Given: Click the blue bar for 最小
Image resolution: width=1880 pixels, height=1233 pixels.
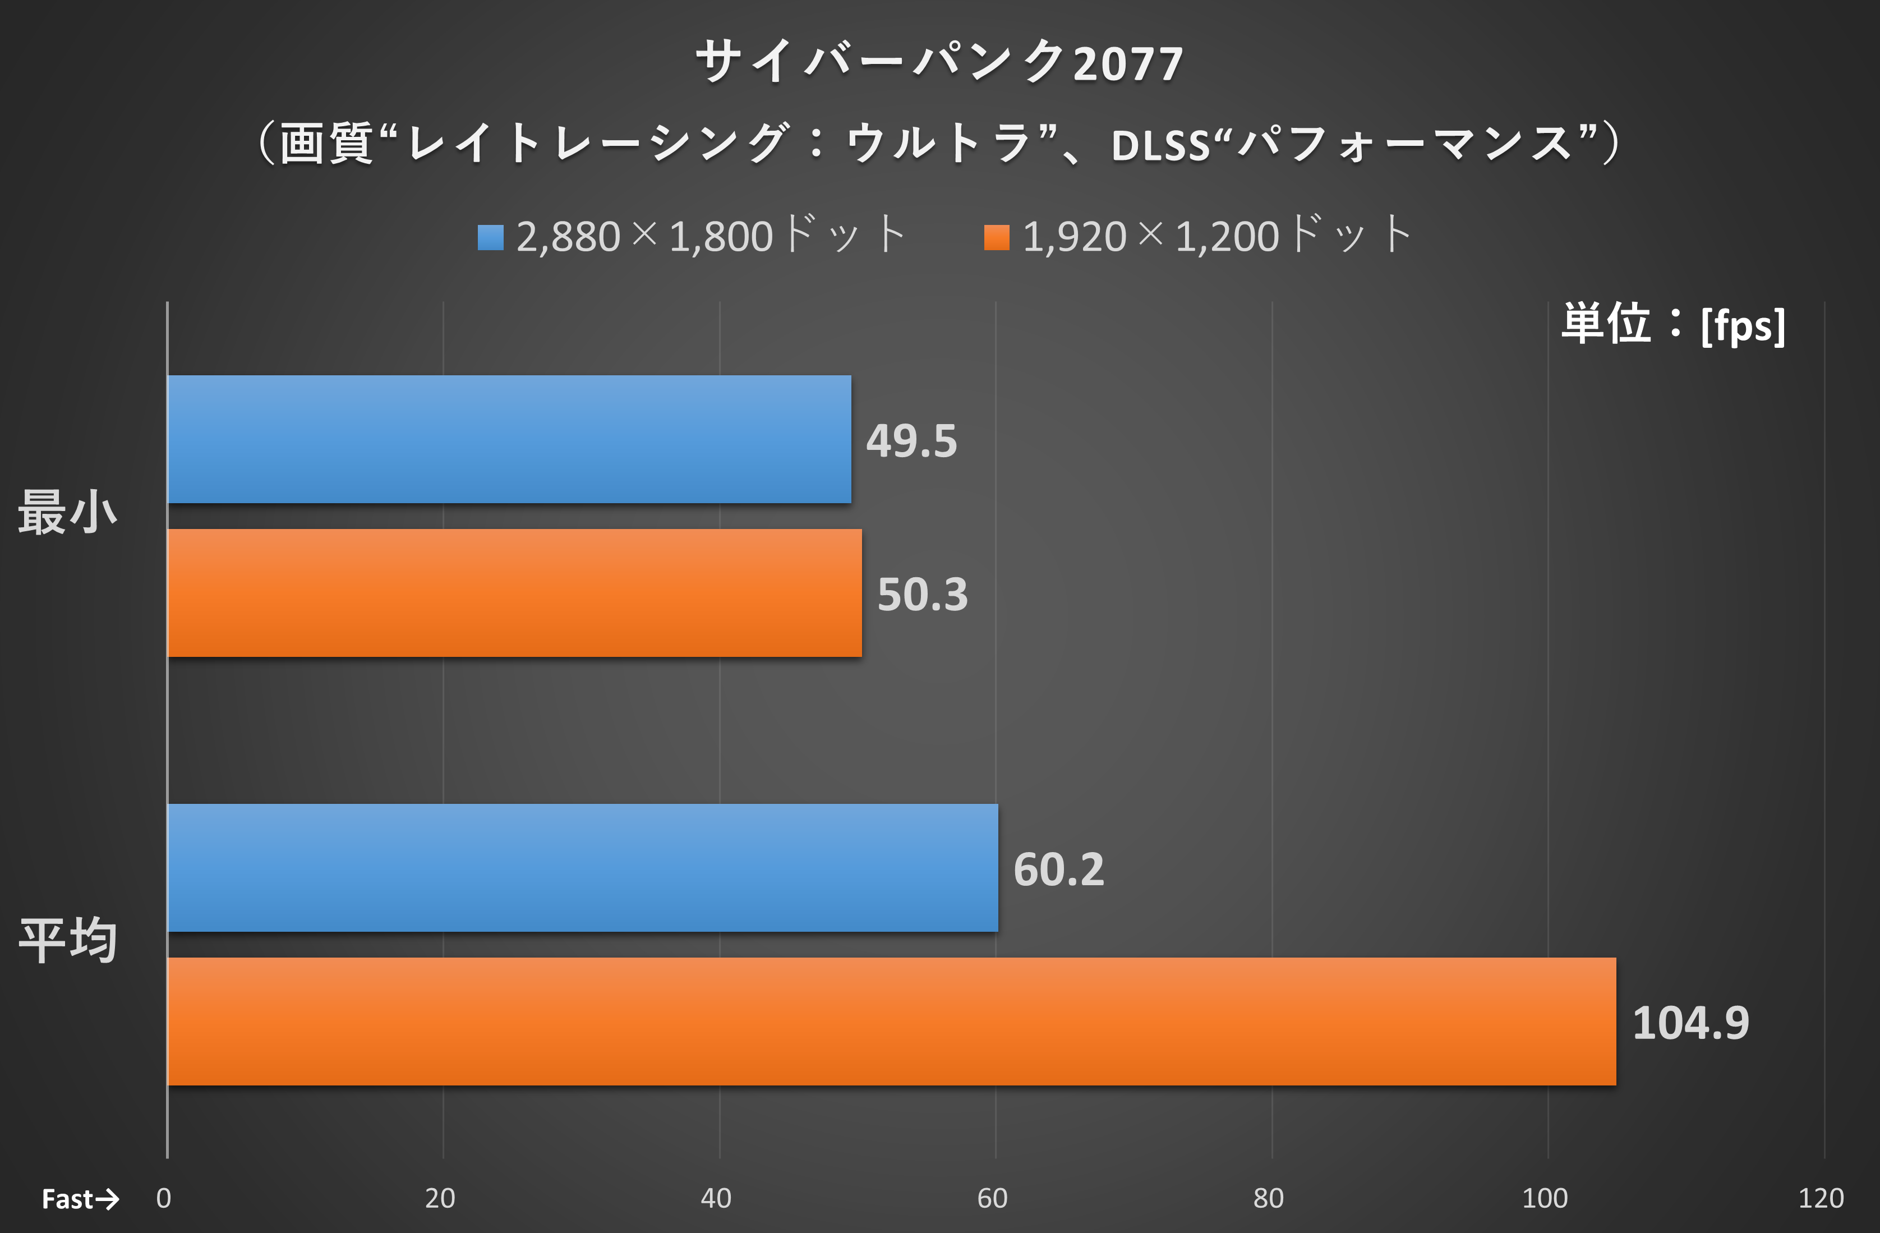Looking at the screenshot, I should click(509, 439).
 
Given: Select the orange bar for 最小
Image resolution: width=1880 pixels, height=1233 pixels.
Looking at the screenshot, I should click(514, 592).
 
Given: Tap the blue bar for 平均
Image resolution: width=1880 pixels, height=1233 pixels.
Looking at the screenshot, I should click(583, 867).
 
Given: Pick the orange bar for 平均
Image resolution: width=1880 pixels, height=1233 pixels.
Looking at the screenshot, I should click(891, 1022).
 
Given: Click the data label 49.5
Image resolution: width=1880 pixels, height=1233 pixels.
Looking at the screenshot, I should click(911, 441).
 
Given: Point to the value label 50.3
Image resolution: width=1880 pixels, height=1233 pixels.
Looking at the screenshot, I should click(923, 594).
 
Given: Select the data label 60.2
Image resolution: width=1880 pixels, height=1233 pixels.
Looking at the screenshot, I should click(1058, 869).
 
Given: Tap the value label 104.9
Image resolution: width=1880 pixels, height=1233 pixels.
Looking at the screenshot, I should click(1690, 1023).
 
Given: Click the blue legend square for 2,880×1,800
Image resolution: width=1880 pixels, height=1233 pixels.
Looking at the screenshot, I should click(491, 237).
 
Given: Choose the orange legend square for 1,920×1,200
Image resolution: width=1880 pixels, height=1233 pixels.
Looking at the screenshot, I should click(997, 237).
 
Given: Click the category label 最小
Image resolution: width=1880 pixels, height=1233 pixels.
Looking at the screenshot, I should click(68, 512).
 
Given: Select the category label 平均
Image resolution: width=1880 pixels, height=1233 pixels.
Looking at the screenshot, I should click(68, 940).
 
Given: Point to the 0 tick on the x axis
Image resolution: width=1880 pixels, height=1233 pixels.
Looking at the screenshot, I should click(164, 1198).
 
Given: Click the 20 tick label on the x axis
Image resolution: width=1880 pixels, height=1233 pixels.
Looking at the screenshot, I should click(440, 1198).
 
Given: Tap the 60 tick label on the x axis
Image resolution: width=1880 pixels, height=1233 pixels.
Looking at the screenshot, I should click(992, 1198).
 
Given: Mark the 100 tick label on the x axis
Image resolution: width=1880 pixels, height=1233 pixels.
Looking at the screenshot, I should click(1544, 1198).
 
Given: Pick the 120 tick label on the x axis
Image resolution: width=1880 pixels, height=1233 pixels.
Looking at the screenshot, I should click(1821, 1198).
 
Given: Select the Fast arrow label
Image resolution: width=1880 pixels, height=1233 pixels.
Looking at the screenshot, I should click(80, 1199).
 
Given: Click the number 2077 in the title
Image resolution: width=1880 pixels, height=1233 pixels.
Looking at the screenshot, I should click(1128, 64).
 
